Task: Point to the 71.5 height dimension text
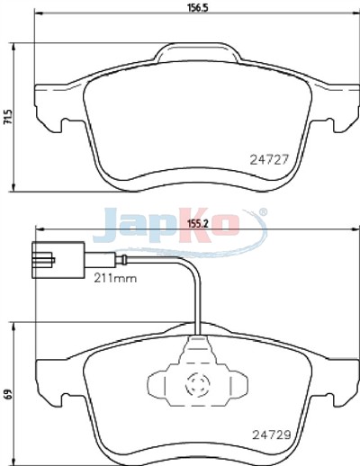click(x=8, y=117)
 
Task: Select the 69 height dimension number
click(x=8, y=393)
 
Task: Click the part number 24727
click(x=269, y=159)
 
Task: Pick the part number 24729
click(x=272, y=435)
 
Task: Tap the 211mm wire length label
click(x=115, y=279)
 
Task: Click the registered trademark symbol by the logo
click(x=262, y=212)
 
